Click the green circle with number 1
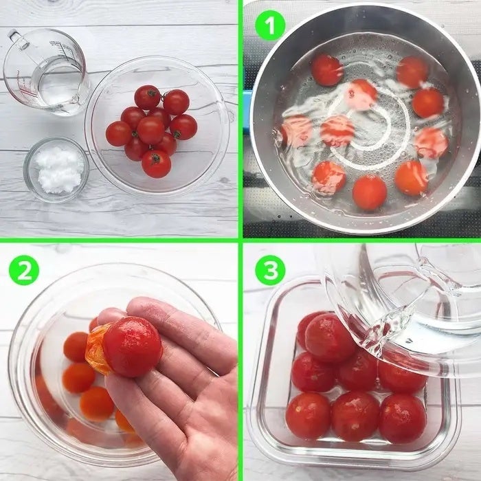click(270, 25)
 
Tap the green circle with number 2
click(24, 270)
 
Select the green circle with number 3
click(270, 270)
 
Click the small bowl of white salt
click(56, 169)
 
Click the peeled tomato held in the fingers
click(132, 346)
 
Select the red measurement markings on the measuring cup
click(23, 89)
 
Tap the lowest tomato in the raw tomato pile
click(156, 164)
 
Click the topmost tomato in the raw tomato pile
click(147, 98)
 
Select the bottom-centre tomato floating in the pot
click(370, 192)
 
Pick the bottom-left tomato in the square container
click(309, 416)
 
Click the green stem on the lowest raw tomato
click(155, 158)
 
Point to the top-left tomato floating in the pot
click(327, 70)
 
